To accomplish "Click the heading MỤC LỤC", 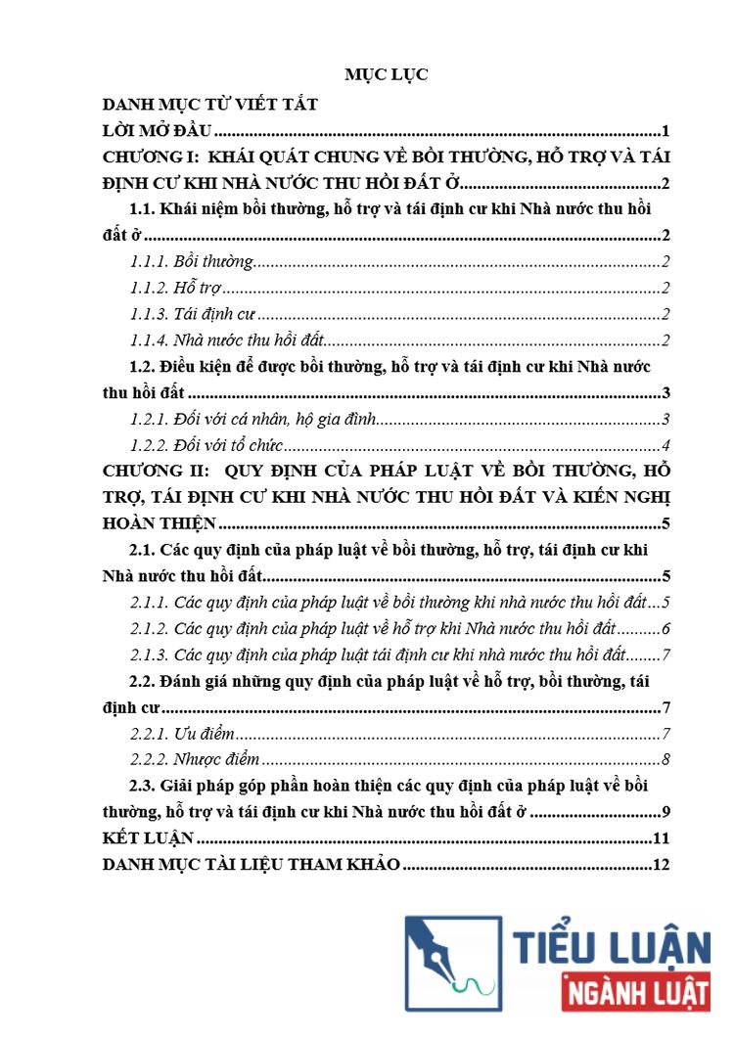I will coord(386,74).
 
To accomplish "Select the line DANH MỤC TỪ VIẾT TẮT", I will coord(209,105).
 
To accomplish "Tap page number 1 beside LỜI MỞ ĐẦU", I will coord(665,131).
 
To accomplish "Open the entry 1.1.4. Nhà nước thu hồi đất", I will coord(227,340).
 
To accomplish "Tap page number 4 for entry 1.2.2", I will coord(665,446).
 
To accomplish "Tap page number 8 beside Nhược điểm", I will coord(665,759).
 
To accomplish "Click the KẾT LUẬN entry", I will coord(149,838).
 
